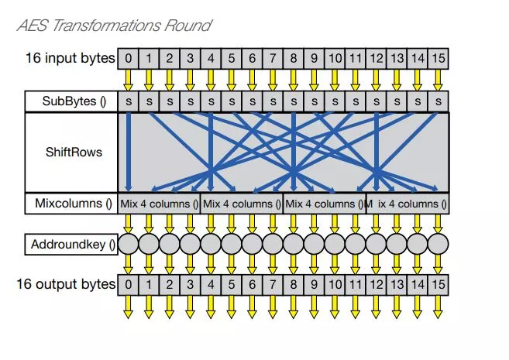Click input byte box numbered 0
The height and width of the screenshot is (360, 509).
tap(129, 58)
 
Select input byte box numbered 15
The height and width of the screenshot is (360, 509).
tap(438, 58)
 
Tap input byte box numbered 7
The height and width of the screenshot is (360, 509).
tap(273, 58)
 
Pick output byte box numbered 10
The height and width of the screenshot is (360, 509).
tap(335, 285)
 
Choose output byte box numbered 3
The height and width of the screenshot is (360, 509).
tap(191, 285)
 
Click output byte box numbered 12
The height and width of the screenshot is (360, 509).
tap(377, 285)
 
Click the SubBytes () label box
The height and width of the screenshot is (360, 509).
tap(71, 101)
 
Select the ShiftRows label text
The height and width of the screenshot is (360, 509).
tap(74, 152)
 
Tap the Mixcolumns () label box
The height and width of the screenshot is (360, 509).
tap(71, 204)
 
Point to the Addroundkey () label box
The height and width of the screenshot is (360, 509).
tap(71, 244)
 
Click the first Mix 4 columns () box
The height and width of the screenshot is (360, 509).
tap(159, 204)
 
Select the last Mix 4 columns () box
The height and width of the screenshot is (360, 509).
tap(408, 204)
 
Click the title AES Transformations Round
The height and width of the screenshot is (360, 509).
tap(114, 26)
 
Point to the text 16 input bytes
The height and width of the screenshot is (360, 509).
tap(71, 58)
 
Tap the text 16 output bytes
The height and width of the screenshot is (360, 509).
tap(66, 284)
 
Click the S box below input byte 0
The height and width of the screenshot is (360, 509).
tap(129, 101)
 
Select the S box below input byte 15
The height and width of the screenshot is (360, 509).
tap(438, 101)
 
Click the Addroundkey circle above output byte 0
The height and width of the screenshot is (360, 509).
tap(129, 244)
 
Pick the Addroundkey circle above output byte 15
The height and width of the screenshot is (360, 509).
tap(438, 244)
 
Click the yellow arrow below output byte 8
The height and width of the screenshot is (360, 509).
tap(294, 307)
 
